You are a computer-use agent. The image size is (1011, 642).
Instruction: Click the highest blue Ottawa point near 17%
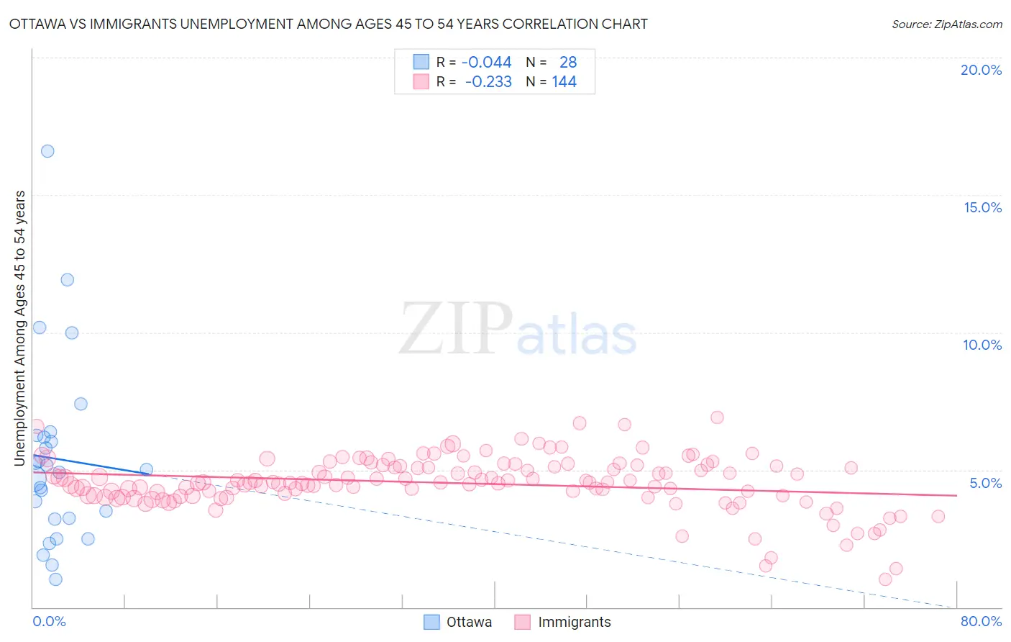point(47,151)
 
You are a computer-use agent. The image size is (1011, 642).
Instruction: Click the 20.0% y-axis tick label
point(981,70)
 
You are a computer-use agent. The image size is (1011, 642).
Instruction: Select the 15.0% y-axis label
point(982,207)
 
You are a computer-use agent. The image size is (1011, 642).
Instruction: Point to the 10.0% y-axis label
point(982,345)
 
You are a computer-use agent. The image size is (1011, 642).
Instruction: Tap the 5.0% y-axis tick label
point(985,483)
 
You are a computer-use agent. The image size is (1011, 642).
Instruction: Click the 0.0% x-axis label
point(49,622)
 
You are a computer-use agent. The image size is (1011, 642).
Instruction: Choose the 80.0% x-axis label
point(981,622)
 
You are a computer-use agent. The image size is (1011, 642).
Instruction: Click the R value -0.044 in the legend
point(487,63)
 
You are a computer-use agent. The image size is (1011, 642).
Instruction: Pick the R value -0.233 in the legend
point(488,82)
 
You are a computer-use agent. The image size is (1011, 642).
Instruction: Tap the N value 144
point(564,82)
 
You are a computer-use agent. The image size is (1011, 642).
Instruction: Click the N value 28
point(568,63)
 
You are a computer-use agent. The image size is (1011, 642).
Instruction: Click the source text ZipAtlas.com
point(946,24)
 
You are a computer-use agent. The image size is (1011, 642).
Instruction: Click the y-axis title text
point(20,328)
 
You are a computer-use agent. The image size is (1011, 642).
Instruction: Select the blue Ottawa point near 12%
point(67,279)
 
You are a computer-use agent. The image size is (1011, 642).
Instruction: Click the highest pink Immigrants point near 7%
point(717,417)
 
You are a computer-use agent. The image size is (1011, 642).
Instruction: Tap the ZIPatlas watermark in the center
point(518,330)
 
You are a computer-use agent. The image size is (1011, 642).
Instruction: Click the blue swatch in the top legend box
point(421,62)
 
